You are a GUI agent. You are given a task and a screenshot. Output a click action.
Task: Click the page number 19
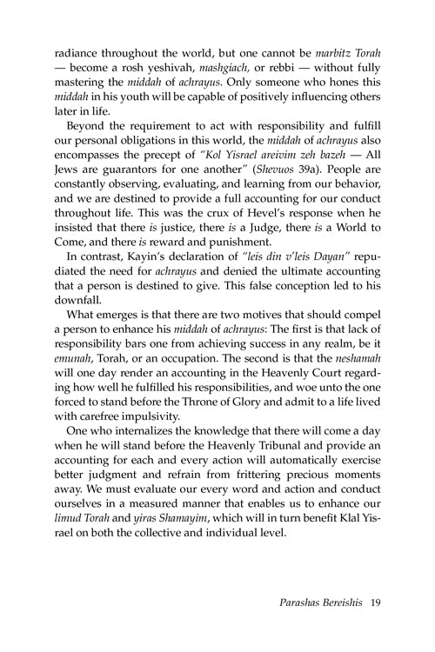375,624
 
